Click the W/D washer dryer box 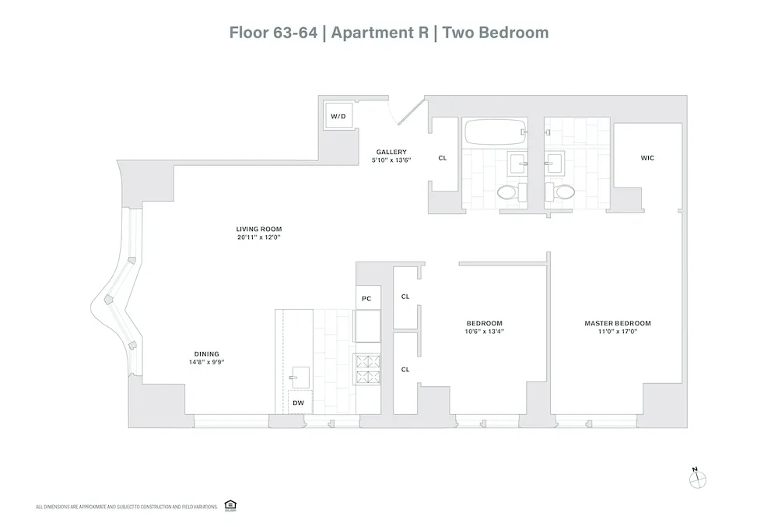[x=338, y=117]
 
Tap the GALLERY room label [x=391, y=152]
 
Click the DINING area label [x=207, y=353]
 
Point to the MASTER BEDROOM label [x=618, y=323]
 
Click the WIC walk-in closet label [x=647, y=158]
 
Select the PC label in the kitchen [x=367, y=297]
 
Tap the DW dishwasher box [x=298, y=403]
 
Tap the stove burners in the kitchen [x=367, y=369]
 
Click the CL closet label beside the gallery [x=443, y=158]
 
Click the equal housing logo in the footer [x=230, y=506]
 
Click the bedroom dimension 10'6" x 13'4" [x=484, y=332]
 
